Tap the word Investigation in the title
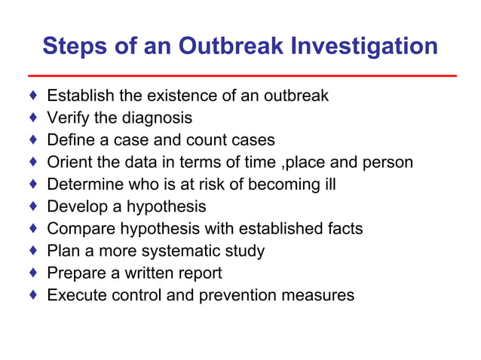(366, 47)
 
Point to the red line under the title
(241, 76)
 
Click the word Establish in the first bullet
(81, 96)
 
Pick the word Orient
(69, 162)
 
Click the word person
(388, 162)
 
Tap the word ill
(329, 185)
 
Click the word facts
(345, 228)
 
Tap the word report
(198, 273)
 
